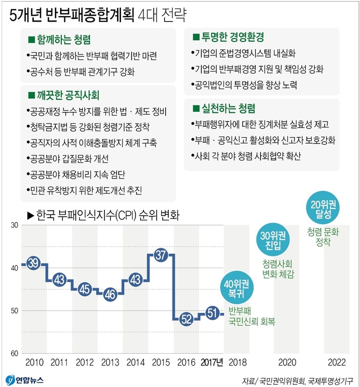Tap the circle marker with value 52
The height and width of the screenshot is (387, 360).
[186, 319]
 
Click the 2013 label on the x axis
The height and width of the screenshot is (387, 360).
[110, 362]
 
